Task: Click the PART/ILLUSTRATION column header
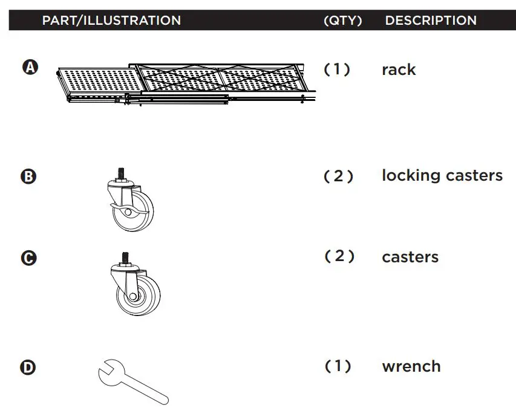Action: point(111,21)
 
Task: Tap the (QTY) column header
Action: point(342,21)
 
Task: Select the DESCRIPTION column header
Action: point(431,21)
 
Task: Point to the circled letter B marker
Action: point(29,177)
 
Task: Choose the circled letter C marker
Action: point(29,258)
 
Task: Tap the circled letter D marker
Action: point(29,367)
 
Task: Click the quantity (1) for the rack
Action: point(338,70)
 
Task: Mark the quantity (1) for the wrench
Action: point(338,366)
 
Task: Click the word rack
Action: point(399,70)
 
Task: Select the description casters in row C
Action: point(410,257)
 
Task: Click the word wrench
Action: point(411,367)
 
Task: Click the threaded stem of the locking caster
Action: point(119,173)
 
